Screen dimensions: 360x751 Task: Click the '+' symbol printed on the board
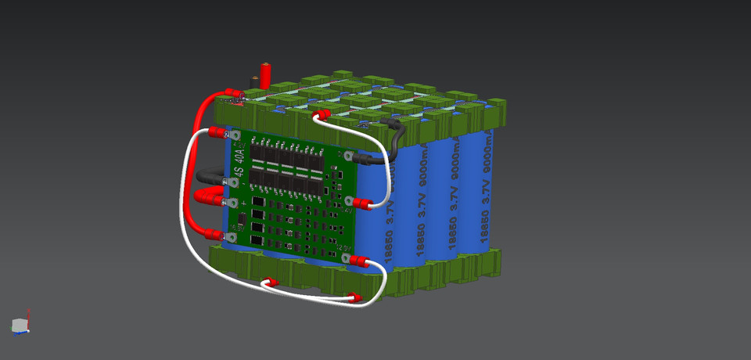243,202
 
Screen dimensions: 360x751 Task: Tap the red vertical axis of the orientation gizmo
29,315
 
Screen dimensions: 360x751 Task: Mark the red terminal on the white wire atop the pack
321,116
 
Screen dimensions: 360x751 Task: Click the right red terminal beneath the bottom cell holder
354,298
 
